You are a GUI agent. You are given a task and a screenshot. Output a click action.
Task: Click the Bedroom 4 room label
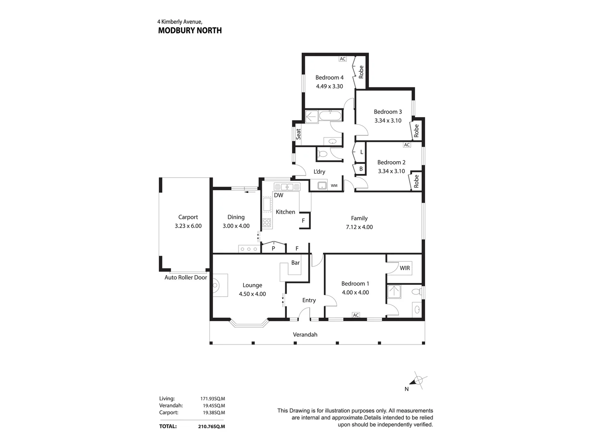[329, 78]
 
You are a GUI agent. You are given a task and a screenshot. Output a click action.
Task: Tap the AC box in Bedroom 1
[356, 315]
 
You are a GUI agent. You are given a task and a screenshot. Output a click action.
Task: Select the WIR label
[405, 268]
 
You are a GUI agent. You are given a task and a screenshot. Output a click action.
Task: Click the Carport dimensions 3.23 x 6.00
[188, 226]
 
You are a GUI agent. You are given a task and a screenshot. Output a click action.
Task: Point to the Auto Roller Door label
[186, 277]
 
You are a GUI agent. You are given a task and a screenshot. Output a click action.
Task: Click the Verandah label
[305, 335]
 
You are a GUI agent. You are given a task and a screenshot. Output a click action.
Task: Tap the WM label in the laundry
[334, 185]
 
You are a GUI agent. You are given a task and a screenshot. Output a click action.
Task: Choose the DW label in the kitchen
[278, 195]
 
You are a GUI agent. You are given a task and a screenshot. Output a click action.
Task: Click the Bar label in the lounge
[295, 263]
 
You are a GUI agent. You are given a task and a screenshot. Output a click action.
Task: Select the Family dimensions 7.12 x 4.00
[359, 227]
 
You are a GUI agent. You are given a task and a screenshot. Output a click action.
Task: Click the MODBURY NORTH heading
[190, 31]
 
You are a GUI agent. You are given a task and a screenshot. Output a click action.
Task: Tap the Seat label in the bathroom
[298, 134]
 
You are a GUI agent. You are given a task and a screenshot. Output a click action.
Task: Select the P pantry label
[273, 249]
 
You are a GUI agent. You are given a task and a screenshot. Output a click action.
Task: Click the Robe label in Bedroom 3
[416, 130]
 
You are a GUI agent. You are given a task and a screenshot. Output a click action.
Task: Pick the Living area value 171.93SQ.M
[213, 399]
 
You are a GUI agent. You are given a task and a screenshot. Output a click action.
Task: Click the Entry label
[309, 300]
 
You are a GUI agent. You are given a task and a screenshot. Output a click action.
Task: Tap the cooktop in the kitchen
[267, 223]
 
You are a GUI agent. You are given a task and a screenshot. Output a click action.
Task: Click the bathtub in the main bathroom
[330, 116]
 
